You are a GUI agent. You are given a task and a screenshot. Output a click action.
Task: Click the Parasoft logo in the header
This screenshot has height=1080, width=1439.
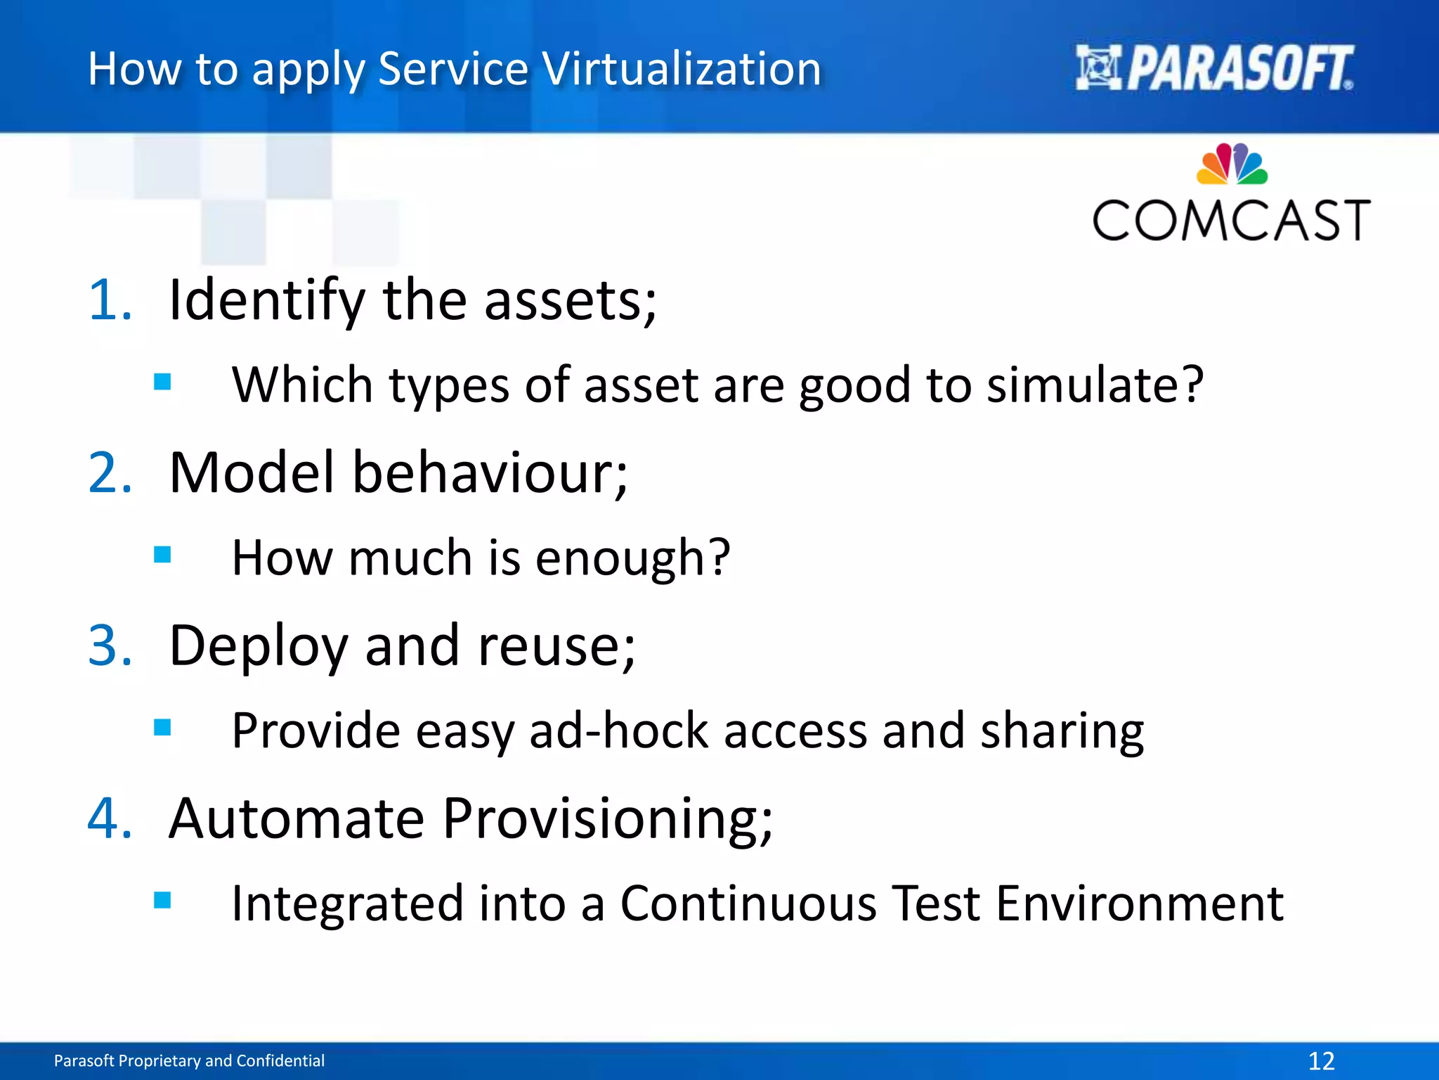[1214, 68]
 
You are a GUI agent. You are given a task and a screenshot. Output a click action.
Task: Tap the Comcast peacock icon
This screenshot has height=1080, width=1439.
[1232, 164]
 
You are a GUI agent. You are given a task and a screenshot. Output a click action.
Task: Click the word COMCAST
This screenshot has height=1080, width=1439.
[1231, 221]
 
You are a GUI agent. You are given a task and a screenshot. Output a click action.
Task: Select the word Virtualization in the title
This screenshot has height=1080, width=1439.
[682, 69]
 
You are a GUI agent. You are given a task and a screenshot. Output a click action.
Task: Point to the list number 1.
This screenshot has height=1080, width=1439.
[110, 300]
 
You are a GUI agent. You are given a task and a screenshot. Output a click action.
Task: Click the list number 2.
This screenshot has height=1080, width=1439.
[110, 472]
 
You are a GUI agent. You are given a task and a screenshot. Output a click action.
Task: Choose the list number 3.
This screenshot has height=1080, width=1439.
[110, 645]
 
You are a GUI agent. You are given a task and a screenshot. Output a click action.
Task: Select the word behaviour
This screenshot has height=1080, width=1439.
[489, 472]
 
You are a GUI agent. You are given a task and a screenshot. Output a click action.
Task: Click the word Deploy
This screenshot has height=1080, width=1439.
[259, 647]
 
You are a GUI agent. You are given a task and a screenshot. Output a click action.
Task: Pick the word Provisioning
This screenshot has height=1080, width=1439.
[608, 819]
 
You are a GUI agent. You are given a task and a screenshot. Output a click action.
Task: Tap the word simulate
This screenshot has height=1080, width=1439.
[1093, 385]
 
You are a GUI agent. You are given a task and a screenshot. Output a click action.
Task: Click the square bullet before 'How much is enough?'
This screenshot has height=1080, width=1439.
[162, 555]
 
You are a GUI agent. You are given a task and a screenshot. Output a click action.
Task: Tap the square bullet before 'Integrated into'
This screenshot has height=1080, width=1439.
[162, 900]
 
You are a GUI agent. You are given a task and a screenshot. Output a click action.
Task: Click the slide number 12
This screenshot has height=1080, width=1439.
[1321, 1060]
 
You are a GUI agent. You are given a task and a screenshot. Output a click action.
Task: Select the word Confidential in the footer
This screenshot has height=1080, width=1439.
[280, 1060]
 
